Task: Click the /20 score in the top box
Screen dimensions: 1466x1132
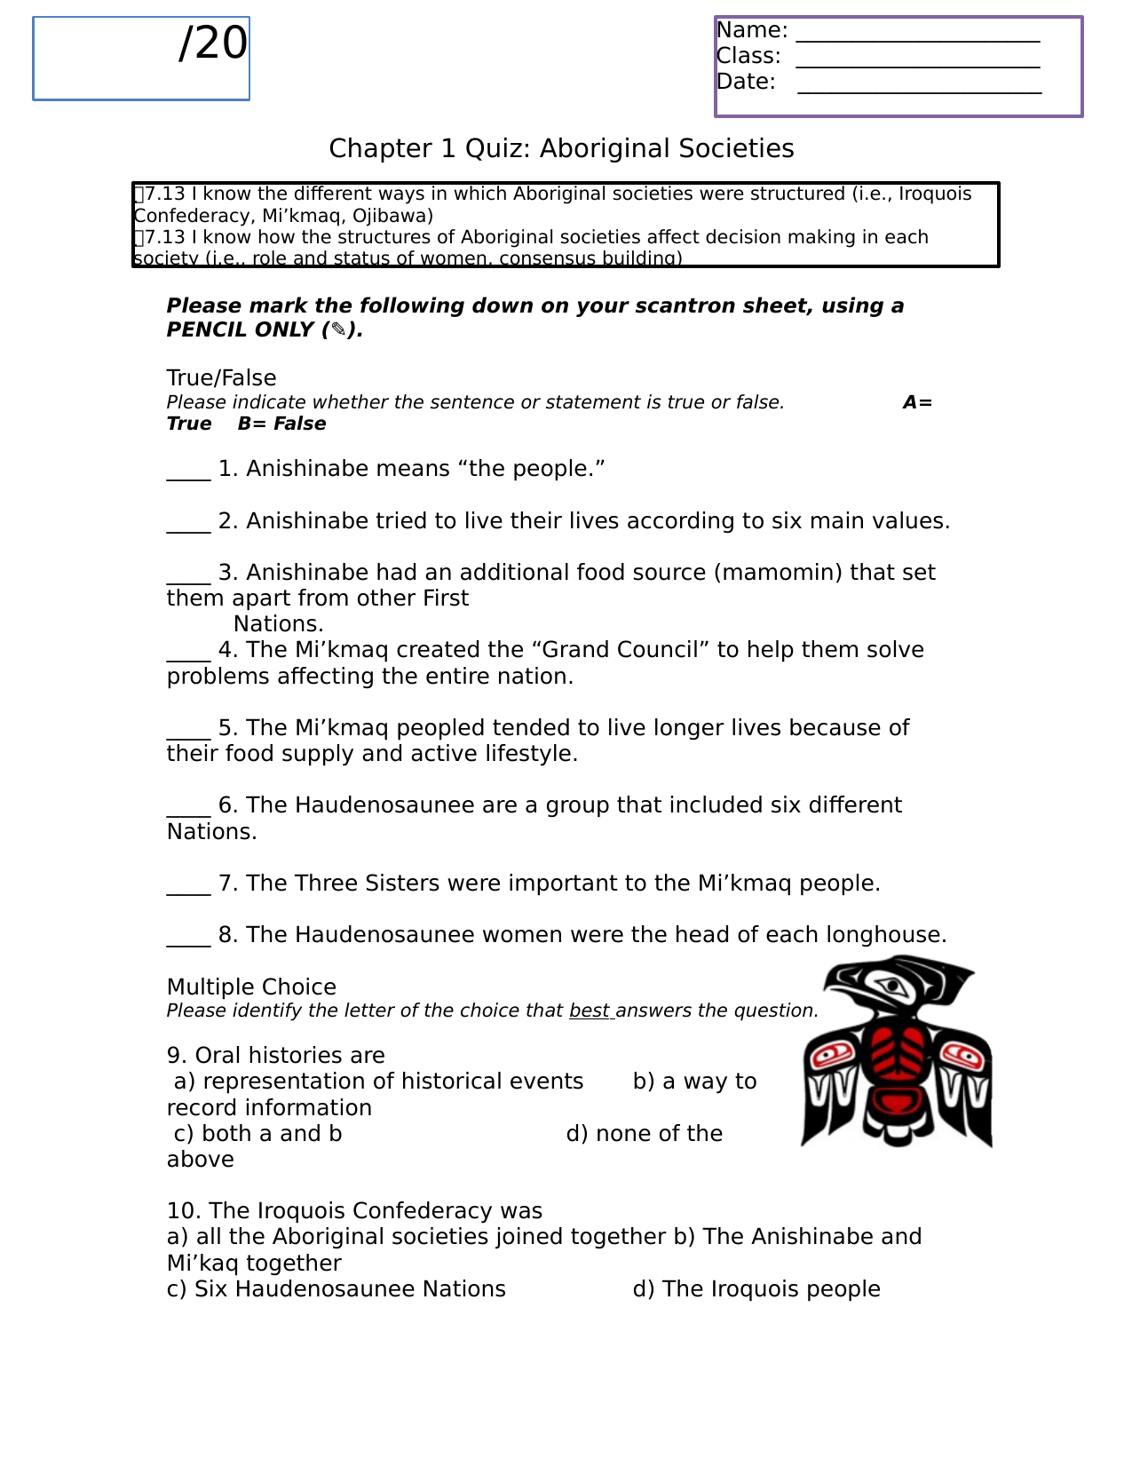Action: click(x=213, y=44)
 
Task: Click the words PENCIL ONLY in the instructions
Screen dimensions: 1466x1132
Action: click(x=241, y=330)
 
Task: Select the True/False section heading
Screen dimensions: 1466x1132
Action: click(x=221, y=378)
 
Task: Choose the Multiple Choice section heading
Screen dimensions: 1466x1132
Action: click(x=251, y=987)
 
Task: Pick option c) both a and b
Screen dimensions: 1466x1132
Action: click(x=257, y=1134)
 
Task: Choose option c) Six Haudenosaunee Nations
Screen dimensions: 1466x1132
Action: click(x=336, y=1289)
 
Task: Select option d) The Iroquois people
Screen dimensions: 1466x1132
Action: click(x=756, y=1289)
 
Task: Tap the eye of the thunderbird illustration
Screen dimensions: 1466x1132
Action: click(x=891, y=986)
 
